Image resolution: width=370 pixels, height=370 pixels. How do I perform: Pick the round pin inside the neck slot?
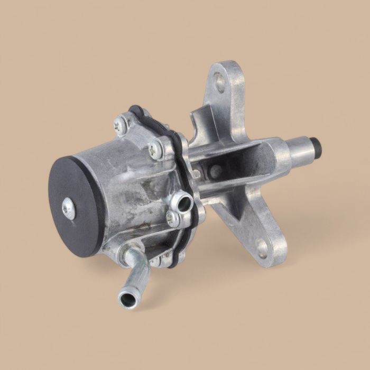(215, 170)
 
